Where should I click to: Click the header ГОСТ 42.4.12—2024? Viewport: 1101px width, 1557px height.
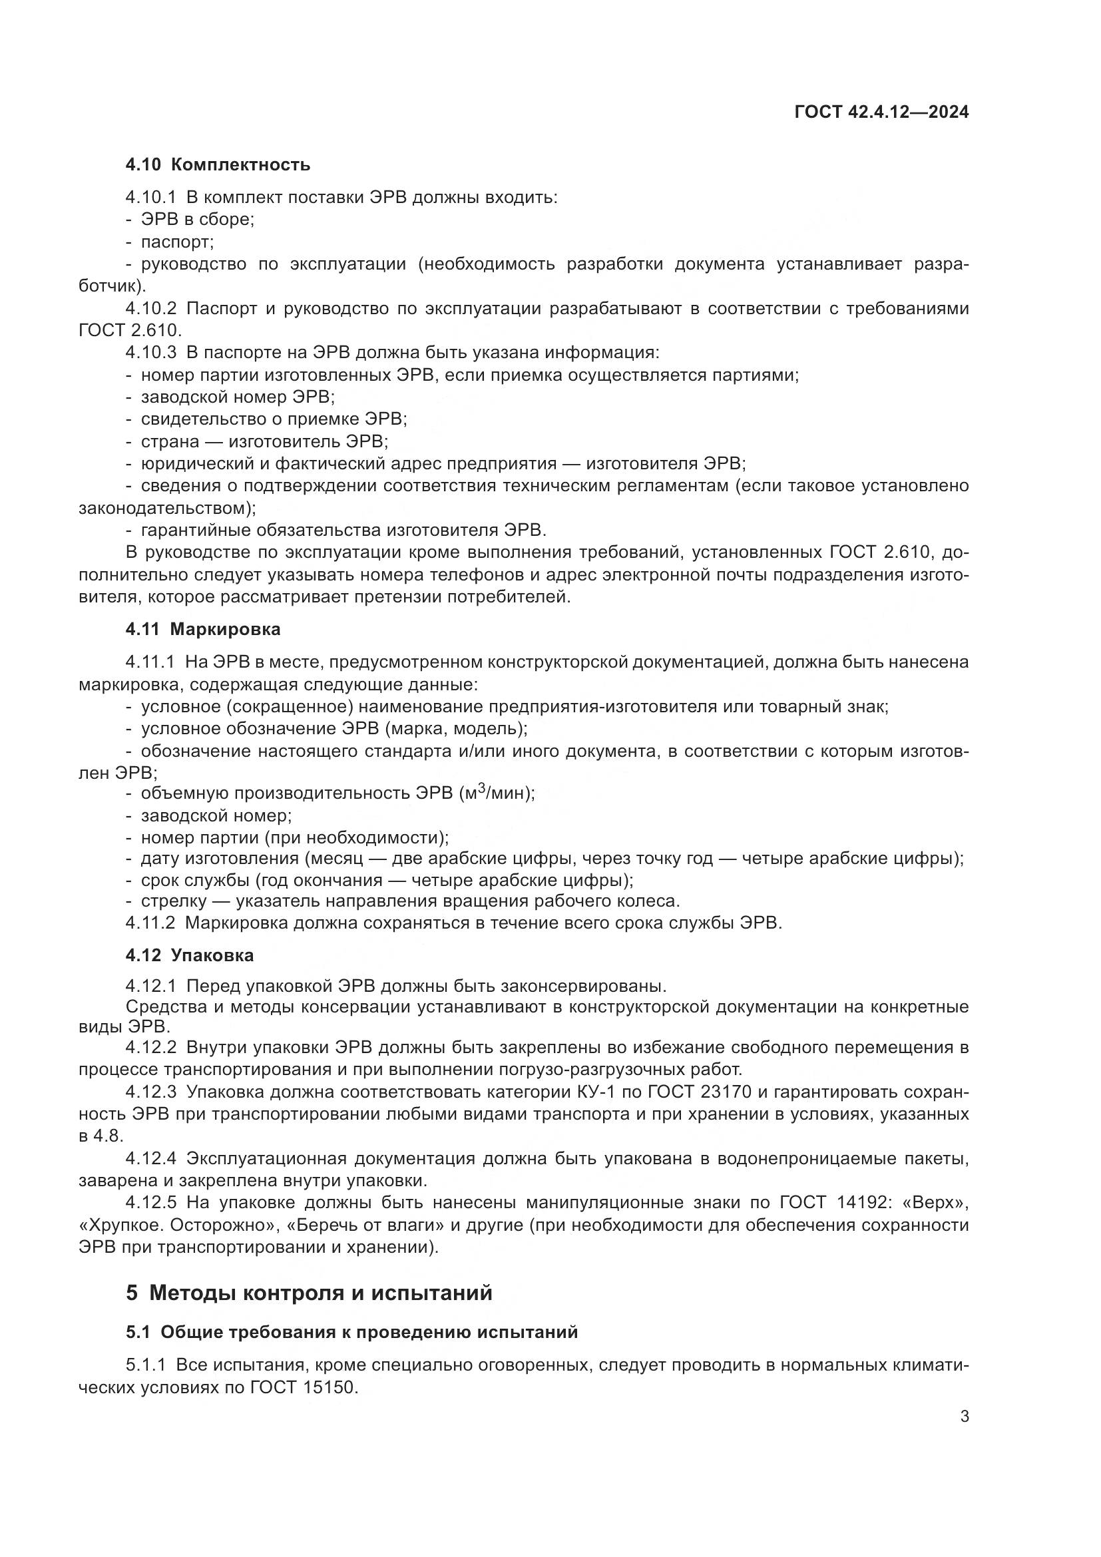pyautogui.click(x=881, y=112)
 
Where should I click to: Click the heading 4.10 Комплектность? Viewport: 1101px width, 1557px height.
pyautogui.click(x=218, y=164)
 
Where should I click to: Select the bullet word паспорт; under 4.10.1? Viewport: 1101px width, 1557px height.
pyautogui.click(x=177, y=242)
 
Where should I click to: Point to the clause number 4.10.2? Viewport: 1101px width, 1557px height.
pyautogui.click(x=150, y=309)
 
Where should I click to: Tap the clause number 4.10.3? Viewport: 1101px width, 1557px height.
pyautogui.click(x=150, y=353)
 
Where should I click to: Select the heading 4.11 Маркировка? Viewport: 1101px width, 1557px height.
pyautogui.click(x=203, y=629)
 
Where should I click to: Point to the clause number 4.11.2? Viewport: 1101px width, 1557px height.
pyautogui.click(x=150, y=923)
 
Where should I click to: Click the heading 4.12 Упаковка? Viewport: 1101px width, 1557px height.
pyautogui.click(x=189, y=955)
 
